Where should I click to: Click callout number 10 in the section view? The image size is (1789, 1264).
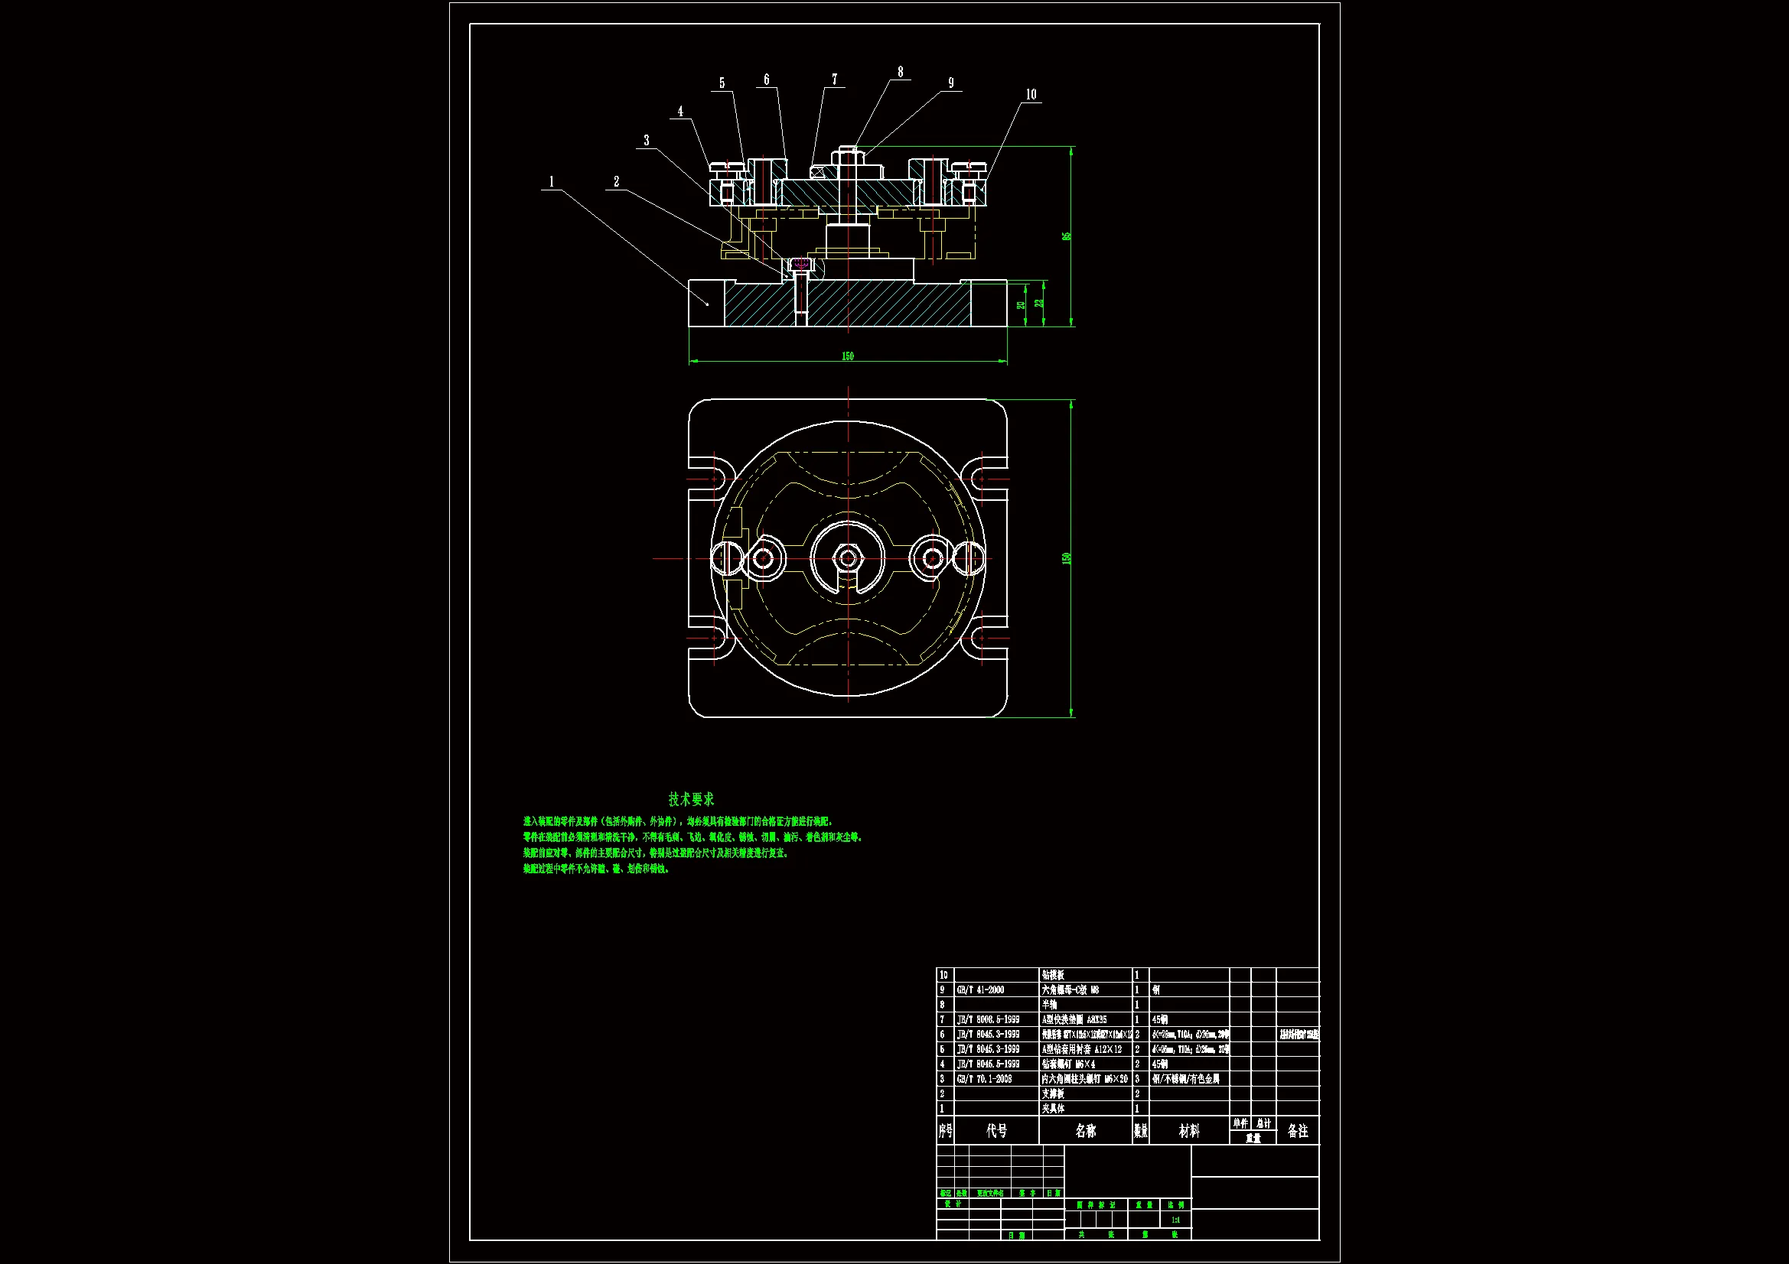pos(1031,95)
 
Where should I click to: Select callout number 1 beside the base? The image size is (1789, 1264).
pos(552,182)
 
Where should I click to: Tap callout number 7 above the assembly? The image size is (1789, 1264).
pos(835,80)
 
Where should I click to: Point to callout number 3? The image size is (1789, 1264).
pos(646,141)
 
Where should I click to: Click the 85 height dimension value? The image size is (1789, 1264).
pos(1067,236)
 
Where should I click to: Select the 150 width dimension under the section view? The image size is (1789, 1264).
pos(848,356)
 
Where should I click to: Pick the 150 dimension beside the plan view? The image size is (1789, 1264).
pos(1067,558)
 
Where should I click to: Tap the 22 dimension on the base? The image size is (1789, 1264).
pos(1038,303)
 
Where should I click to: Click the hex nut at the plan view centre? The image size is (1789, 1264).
pos(848,557)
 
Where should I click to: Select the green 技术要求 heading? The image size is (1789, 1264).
pos(691,799)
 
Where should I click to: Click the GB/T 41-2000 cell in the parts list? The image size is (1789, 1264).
pos(980,989)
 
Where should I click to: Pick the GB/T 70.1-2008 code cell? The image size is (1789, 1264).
pos(984,1079)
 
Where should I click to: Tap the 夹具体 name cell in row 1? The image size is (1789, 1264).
pos(1054,1108)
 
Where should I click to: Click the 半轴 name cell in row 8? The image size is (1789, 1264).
pos(1051,1005)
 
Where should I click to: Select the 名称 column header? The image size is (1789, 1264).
pos(1085,1131)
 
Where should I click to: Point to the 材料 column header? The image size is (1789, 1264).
pos(1189,1131)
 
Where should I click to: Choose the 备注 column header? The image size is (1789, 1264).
pos(1297,1131)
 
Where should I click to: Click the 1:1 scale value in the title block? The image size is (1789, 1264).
pos(1176,1220)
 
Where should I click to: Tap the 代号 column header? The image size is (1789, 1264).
pos(996,1131)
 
